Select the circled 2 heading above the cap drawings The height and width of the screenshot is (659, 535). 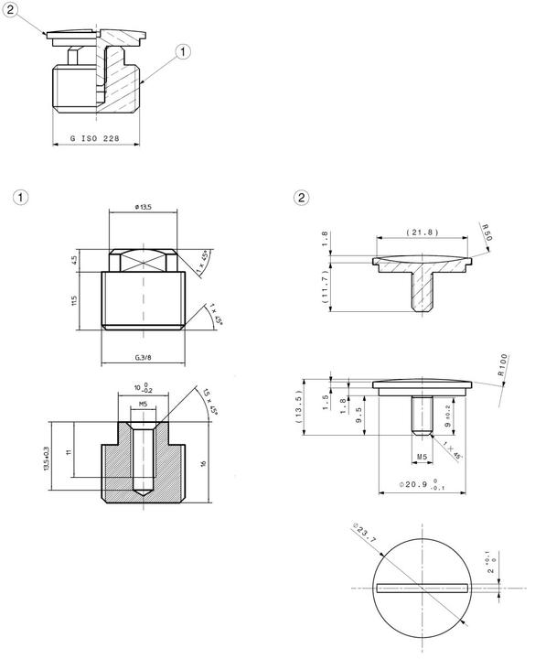pyautogui.click(x=301, y=197)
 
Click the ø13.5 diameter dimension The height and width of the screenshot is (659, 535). pyautogui.click(x=144, y=208)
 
